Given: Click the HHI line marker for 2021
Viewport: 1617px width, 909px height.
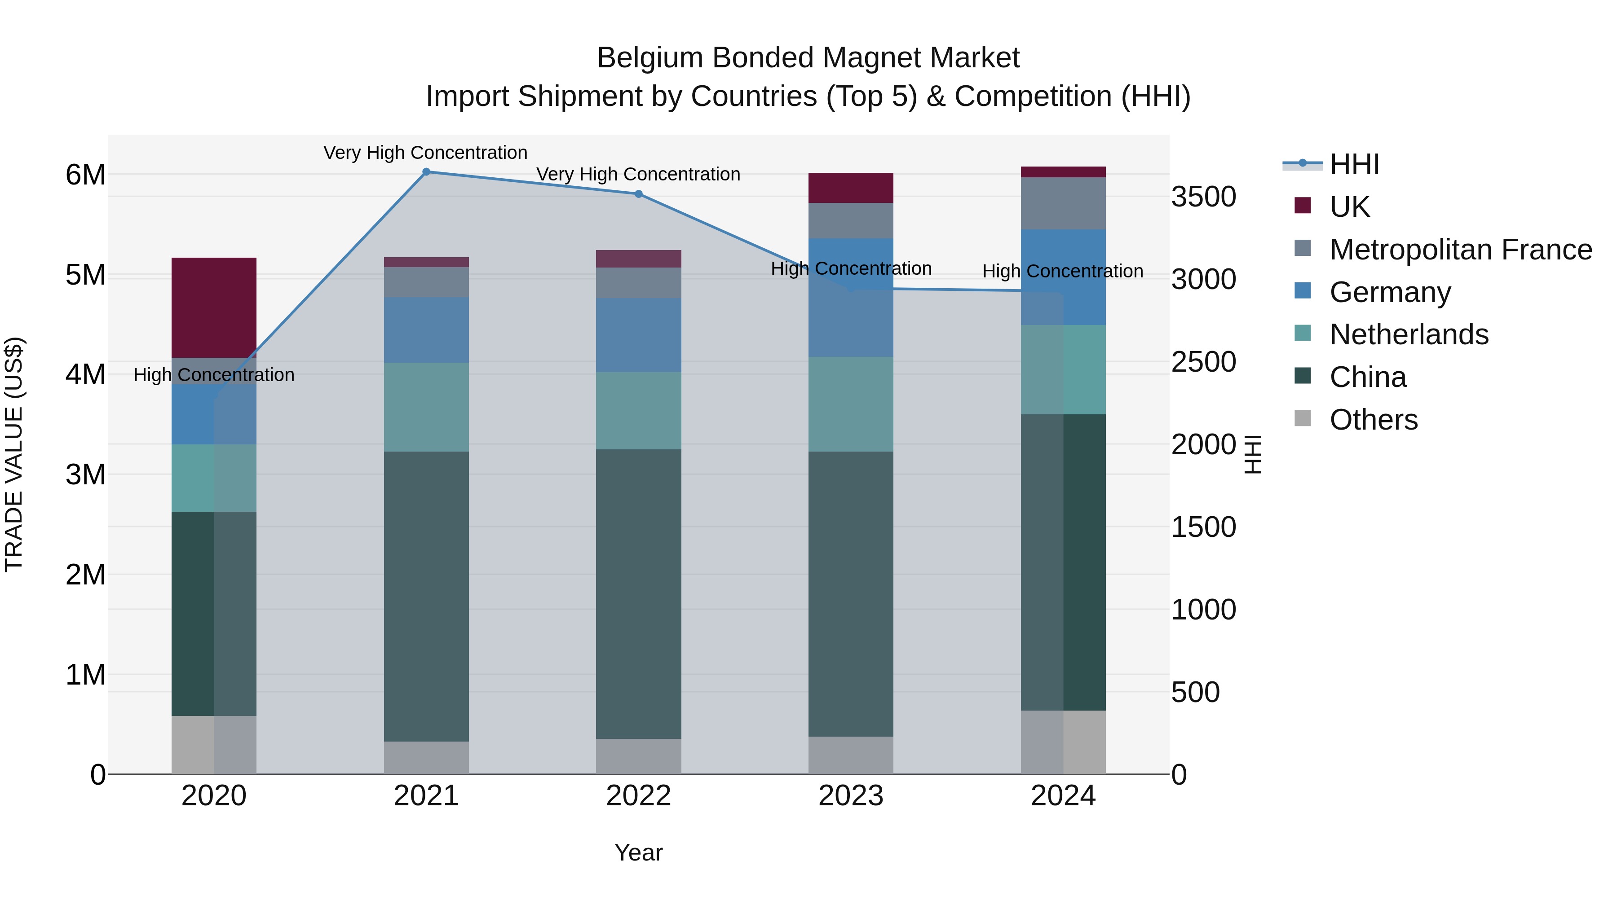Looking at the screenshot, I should pos(426,172).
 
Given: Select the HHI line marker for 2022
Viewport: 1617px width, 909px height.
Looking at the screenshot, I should pos(638,194).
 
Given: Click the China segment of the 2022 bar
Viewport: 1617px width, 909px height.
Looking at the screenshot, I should pos(638,593).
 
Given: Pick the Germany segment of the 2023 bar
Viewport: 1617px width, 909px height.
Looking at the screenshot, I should pos(851,297).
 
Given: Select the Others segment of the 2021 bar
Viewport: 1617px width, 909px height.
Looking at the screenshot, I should pos(426,757).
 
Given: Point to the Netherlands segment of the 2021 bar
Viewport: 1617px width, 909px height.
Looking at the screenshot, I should pos(426,407).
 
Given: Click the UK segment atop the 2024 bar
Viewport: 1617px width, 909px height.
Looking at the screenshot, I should pos(1063,172).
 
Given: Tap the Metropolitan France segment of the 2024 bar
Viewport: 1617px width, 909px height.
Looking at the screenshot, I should pos(1063,203).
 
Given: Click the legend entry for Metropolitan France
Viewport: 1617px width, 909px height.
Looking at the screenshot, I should pos(1460,250).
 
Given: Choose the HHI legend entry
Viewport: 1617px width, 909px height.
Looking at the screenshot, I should pos(1354,164).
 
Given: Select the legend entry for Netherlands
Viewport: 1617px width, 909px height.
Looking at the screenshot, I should pos(1409,334).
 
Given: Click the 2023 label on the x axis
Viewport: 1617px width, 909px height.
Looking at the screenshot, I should pos(851,796).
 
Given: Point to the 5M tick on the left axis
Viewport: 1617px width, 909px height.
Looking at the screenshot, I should pos(85,275).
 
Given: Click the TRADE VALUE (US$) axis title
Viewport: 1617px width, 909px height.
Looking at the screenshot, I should pos(14,454).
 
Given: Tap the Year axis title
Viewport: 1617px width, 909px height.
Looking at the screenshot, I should pos(638,852).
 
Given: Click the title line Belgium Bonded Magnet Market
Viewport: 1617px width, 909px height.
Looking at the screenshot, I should pos(808,58).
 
